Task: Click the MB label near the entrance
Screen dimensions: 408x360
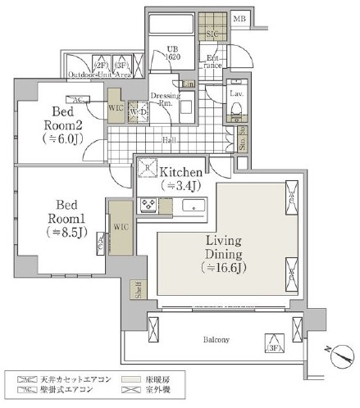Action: pyautogui.click(x=239, y=19)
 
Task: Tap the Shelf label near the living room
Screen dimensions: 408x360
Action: pyautogui.click(x=137, y=288)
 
